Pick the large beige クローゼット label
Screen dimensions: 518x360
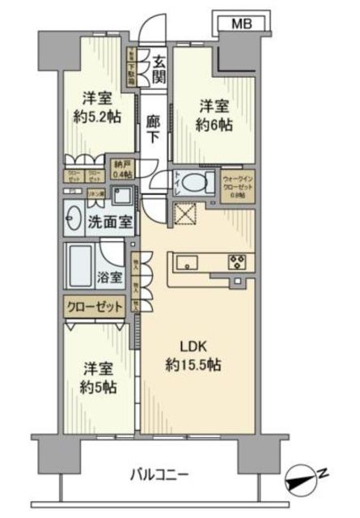point(95,307)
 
